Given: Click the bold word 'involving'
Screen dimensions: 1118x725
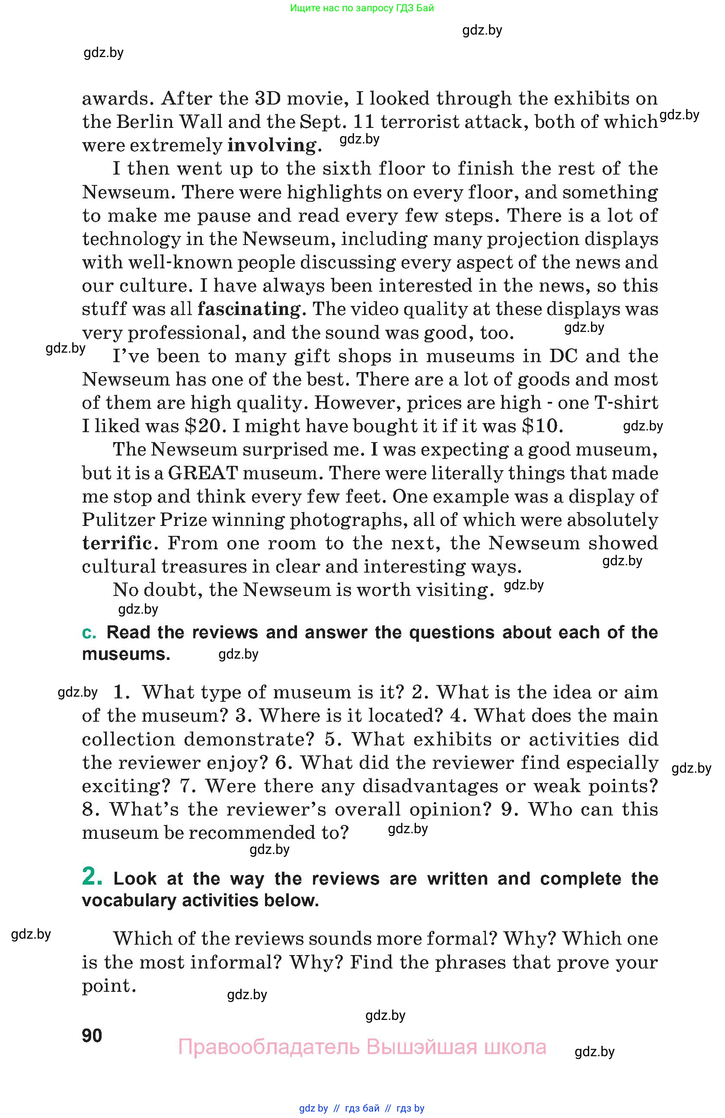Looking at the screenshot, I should (x=271, y=145).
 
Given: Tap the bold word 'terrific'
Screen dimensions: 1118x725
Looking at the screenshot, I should (x=117, y=543).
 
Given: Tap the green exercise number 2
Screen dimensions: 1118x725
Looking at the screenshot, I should (x=92, y=876).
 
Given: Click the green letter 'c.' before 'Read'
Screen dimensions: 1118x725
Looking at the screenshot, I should (x=89, y=633).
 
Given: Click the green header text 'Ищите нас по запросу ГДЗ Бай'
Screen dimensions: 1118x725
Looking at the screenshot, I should (x=362, y=8).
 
